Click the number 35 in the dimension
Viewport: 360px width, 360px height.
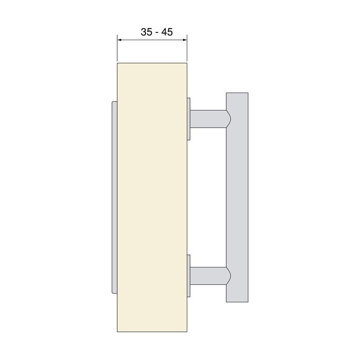pos(147,32)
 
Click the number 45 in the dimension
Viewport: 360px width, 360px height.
pos(166,32)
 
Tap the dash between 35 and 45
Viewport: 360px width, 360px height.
pos(156,32)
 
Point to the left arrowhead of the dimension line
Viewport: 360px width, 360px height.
pos(119,40)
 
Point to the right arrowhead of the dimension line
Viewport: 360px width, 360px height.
pos(184,40)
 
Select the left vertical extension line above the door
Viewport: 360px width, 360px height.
pos(117,49)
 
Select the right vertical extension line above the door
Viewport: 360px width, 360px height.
pos(187,49)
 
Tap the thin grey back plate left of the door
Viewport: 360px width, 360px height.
pos(114,198)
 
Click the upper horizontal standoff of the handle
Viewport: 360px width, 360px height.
pos(208,119)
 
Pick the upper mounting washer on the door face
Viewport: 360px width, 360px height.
pos(189,118)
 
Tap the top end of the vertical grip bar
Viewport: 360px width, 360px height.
pos(237,95)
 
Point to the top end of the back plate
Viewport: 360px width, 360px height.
pos(114,103)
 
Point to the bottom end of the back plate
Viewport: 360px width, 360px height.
pos(114,292)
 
